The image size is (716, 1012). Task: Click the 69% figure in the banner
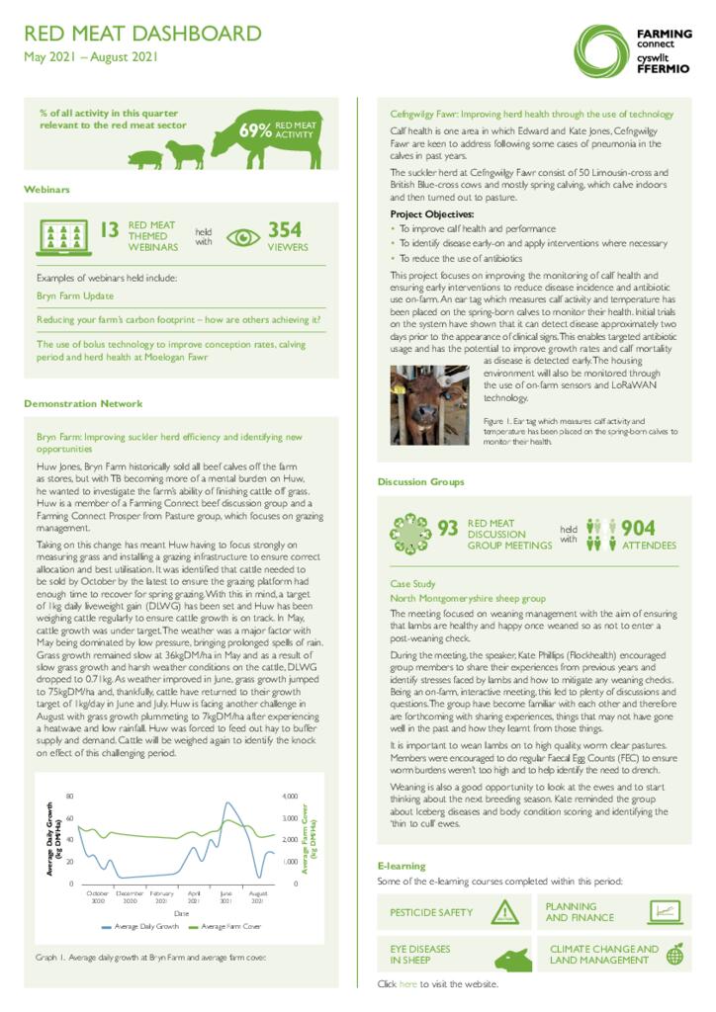click(x=254, y=130)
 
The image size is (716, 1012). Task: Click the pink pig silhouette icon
click(x=144, y=160)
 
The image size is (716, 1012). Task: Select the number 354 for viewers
click(x=285, y=230)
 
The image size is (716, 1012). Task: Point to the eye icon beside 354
click(x=242, y=237)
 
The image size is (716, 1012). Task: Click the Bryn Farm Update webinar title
click(x=75, y=295)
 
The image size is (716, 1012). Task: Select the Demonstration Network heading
click(x=83, y=403)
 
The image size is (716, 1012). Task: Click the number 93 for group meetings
click(x=447, y=529)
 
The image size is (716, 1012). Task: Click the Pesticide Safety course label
click(x=431, y=912)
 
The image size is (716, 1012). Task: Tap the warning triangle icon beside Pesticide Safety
click(x=505, y=912)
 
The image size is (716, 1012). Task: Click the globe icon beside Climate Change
click(x=674, y=954)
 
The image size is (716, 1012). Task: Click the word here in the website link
click(x=407, y=984)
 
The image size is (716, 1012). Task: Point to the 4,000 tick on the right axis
click(x=291, y=796)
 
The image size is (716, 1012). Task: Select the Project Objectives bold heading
click(x=431, y=213)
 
